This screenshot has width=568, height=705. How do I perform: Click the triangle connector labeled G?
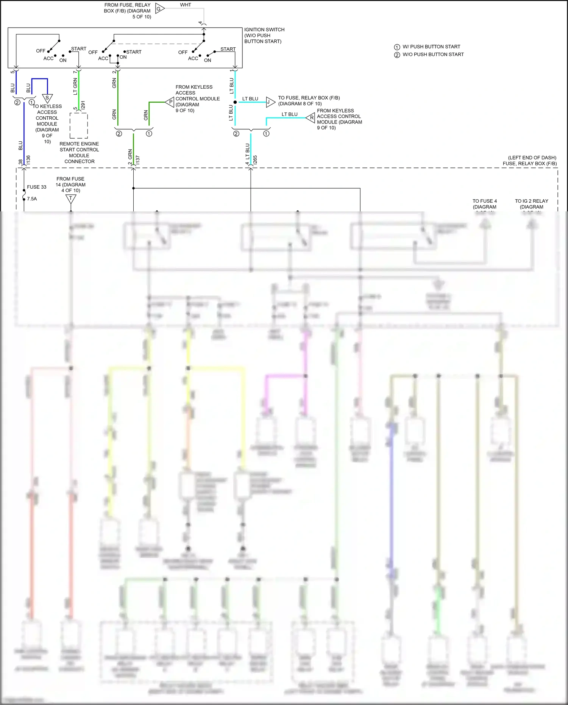pyautogui.click(x=159, y=9)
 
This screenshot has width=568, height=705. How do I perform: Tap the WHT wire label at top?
pyautogui.click(x=186, y=5)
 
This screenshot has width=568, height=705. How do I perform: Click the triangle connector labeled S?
pyautogui.click(x=47, y=98)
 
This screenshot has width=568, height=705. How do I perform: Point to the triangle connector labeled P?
pyautogui.click(x=170, y=102)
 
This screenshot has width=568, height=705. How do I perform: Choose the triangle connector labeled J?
pyautogui.click(x=270, y=102)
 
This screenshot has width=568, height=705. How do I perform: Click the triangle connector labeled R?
pyautogui.click(x=311, y=118)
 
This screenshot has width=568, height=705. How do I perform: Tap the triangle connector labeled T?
pyautogui.click(x=71, y=199)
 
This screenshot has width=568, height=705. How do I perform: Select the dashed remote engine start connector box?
pyautogui.click(x=79, y=126)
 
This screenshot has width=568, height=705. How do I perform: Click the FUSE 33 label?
pyautogui.click(x=37, y=187)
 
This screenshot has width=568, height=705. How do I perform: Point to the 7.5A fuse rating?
pyautogui.click(x=32, y=199)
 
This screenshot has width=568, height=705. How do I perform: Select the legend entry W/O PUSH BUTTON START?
pyautogui.click(x=433, y=55)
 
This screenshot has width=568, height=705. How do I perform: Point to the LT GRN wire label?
pyautogui.click(x=75, y=86)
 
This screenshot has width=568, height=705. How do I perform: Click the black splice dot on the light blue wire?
pyautogui.click(x=235, y=102)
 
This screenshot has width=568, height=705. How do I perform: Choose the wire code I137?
pyautogui.click(x=137, y=160)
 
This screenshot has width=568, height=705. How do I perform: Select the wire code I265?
pyautogui.click(x=255, y=160)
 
